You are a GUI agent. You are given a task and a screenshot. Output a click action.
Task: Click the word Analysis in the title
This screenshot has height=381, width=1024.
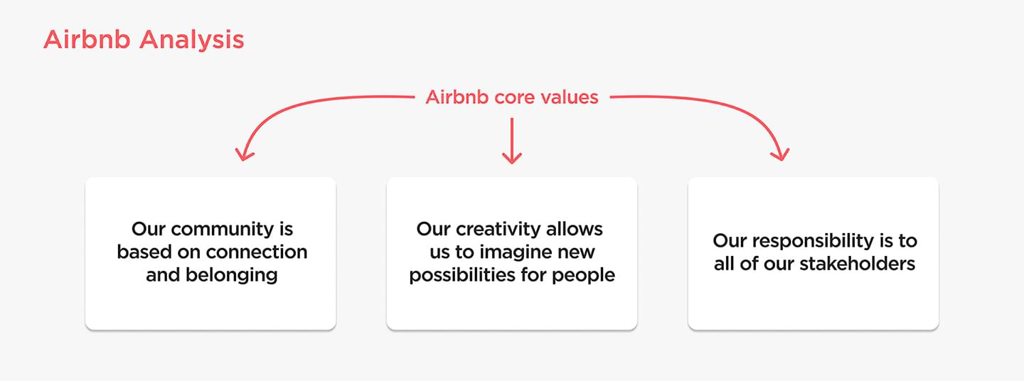(192, 41)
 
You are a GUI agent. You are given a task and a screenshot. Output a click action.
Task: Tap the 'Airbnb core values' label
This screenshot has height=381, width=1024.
(512, 97)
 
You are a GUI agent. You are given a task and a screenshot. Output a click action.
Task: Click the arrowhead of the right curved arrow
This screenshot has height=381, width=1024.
(781, 154)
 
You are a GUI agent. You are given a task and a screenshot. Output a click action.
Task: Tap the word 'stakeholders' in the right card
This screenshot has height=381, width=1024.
(858, 264)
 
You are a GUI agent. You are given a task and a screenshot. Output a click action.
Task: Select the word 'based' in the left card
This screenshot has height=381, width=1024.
(144, 252)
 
